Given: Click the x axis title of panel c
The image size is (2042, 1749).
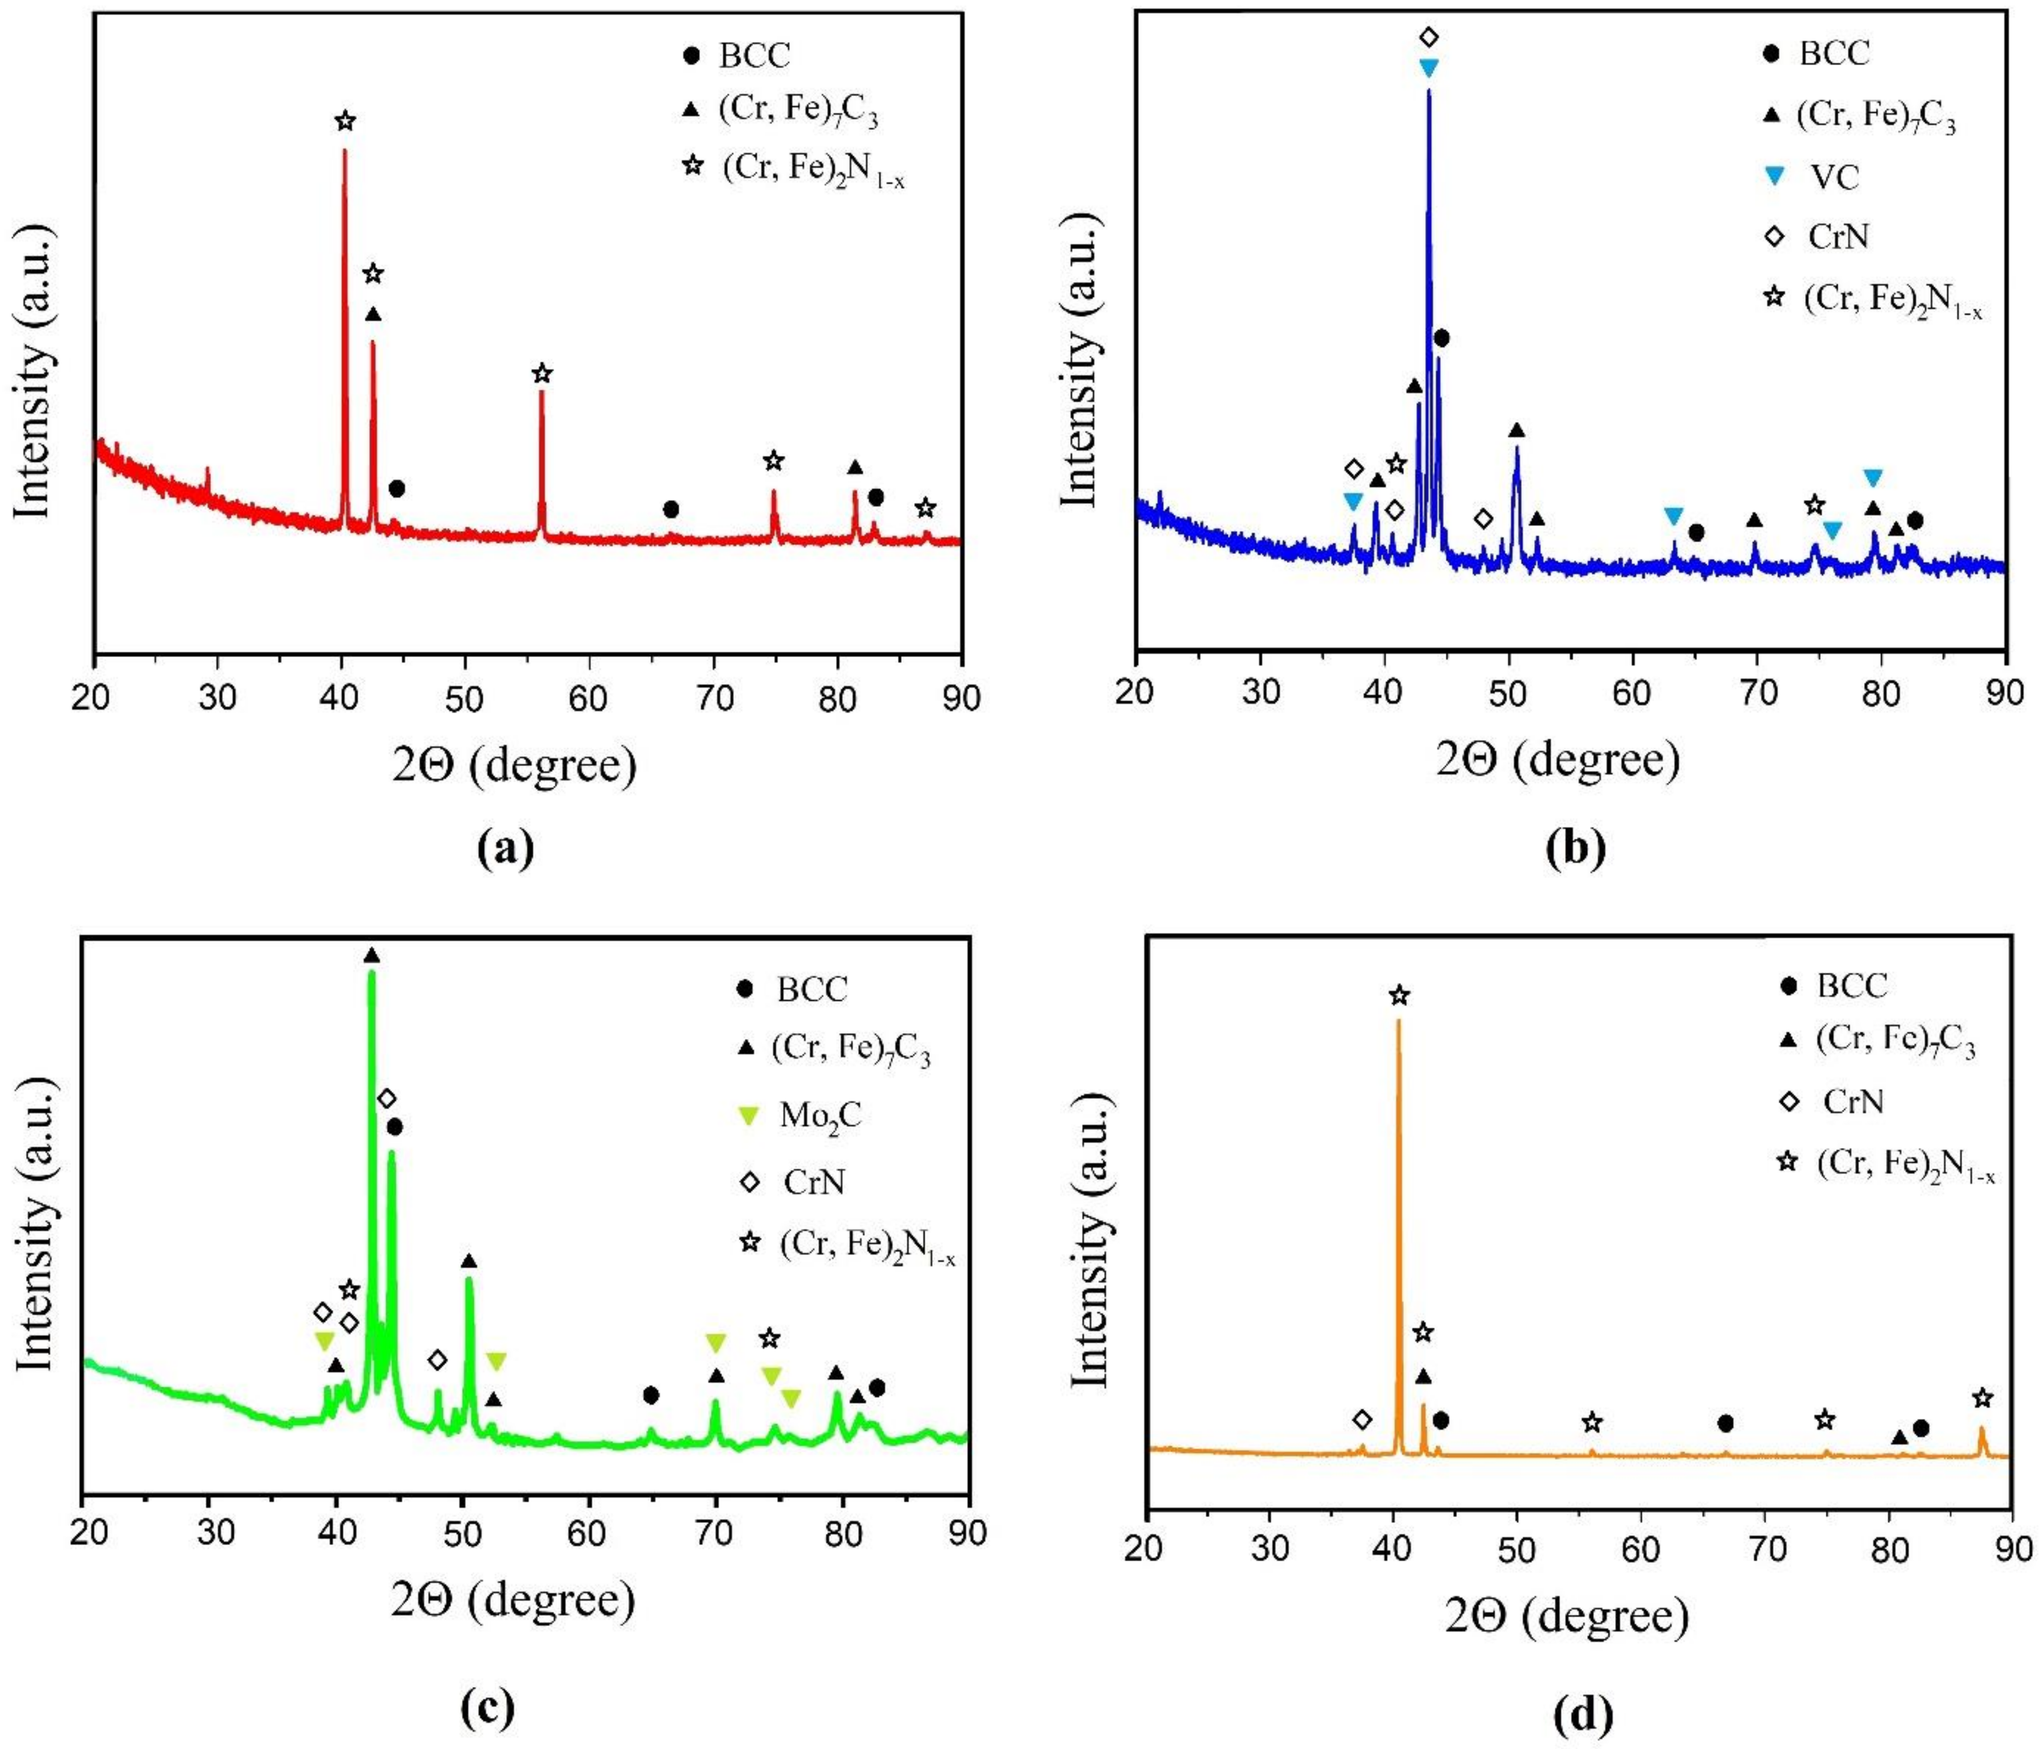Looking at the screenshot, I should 513,1600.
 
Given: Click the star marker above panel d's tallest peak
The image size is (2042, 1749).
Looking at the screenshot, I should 1398,996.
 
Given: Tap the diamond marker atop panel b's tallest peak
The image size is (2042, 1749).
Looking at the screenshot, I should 1429,37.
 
